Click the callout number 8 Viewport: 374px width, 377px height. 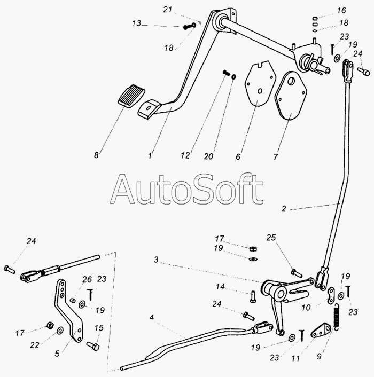(96, 155)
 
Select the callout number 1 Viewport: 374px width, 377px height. (150, 156)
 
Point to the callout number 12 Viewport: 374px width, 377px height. (185, 156)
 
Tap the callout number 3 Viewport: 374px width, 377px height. (156, 260)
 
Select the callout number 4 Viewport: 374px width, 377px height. (152, 317)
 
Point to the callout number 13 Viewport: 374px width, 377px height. (137, 23)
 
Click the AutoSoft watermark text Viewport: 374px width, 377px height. (187, 189)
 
